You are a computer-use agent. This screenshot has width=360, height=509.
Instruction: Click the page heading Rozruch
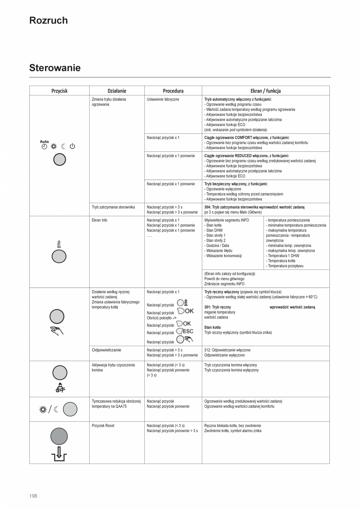[49, 21]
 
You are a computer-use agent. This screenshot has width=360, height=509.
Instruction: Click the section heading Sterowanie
[55, 68]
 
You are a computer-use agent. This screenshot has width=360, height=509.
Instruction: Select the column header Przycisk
[59, 91]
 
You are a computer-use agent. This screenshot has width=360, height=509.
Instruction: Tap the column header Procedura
[173, 91]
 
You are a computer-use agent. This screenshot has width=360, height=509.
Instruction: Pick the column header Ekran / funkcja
[265, 91]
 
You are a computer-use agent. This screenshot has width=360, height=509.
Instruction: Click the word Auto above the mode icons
[44, 142]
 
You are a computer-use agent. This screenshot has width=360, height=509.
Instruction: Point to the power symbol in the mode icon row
[72, 147]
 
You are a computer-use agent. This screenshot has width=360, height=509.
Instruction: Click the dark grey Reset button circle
[59, 436]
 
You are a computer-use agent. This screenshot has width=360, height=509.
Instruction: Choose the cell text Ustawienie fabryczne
[163, 99]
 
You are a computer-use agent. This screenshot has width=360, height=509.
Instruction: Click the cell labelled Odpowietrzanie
[106, 350]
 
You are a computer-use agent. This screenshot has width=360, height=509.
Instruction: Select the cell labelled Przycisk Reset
[103, 426]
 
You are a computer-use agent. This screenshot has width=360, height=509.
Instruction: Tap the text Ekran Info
[99, 220]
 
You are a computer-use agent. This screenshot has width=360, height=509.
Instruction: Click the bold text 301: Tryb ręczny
[218, 307]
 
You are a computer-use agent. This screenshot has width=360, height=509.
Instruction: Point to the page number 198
[33, 496]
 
